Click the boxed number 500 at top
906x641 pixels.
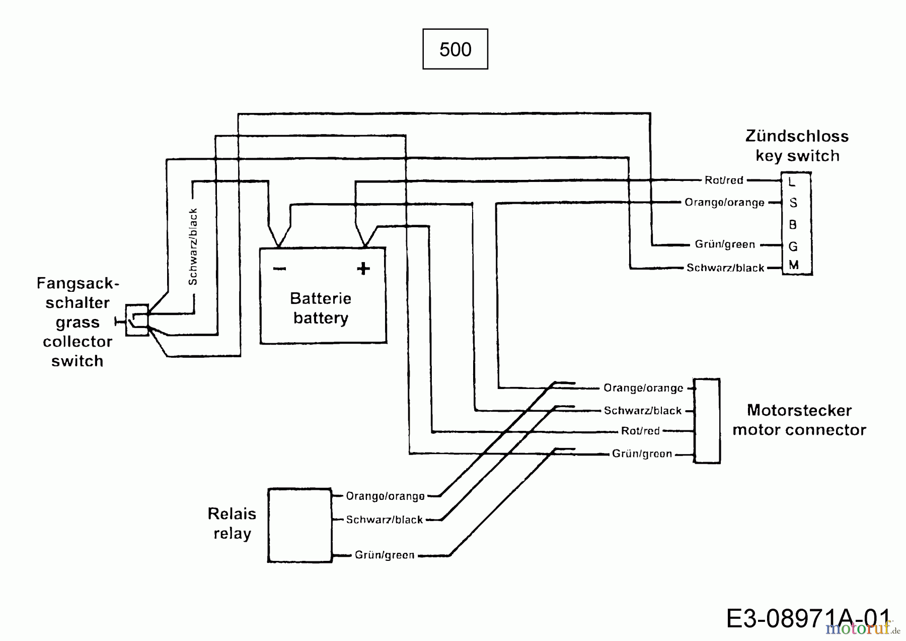(455, 49)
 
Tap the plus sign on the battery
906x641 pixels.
(363, 268)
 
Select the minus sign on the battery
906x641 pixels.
(279, 269)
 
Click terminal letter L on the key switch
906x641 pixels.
(792, 181)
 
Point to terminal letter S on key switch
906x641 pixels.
(793, 203)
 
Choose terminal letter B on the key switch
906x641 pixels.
(793, 224)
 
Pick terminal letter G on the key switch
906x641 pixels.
(793, 246)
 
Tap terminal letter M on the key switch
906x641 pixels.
(794, 265)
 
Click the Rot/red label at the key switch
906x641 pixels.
(724, 180)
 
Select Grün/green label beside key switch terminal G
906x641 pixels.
(725, 244)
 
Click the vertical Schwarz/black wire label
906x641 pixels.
(193, 246)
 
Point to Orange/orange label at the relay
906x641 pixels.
(385, 496)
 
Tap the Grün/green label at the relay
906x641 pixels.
(385, 555)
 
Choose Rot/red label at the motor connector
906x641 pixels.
(640, 431)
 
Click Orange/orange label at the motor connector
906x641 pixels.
(643, 388)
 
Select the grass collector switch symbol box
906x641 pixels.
(137, 320)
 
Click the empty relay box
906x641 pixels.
(299, 525)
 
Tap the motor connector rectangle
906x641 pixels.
(707, 421)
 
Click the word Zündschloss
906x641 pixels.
(797, 136)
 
